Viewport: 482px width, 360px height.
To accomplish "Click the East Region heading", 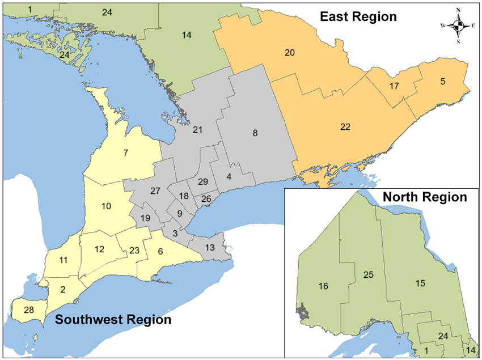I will click(x=358, y=16).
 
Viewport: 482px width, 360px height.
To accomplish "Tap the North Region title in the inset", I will click(x=425, y=197).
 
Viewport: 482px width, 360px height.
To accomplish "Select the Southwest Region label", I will click(x=113, y=320).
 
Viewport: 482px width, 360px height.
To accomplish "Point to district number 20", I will click(x=289, y=53).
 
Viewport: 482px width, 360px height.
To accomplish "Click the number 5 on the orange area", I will click(x=443, y=81).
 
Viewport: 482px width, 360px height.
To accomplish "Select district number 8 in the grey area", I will click(x=255, y=133).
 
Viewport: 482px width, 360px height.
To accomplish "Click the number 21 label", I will click(x=197, y=130).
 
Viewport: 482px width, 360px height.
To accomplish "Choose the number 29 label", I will click(x=202, y=181).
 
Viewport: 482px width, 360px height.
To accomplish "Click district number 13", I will click(x=210, y=247).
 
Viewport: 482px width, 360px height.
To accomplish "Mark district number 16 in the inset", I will click(x=324, y=286).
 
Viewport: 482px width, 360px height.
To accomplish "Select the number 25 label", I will click(x=369, y=274).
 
